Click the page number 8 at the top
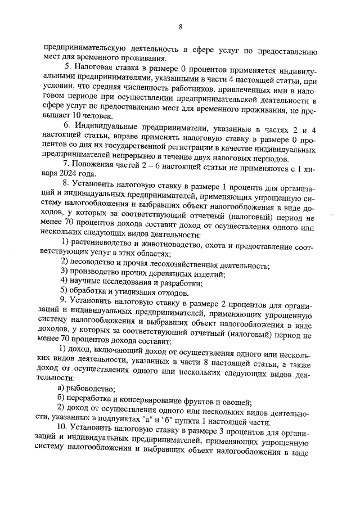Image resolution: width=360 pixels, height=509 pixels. [x=181, y=26]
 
